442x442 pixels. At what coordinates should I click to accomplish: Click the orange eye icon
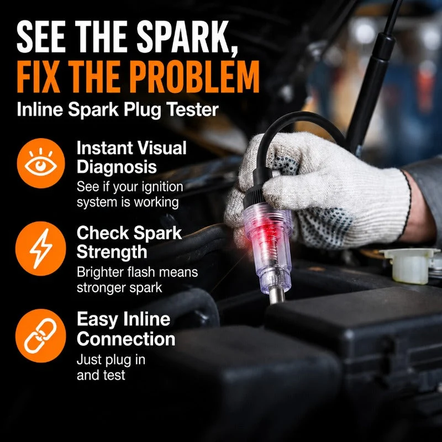[41, 163]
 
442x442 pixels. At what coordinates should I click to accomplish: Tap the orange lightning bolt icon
[41, 249]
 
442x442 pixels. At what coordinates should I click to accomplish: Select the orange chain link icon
[41, 336]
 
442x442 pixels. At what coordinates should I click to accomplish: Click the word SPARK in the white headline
[186, 36]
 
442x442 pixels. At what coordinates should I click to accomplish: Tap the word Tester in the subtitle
[192, 109]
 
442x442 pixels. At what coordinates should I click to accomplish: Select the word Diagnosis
[117, 167]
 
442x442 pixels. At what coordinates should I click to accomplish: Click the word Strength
[112, 252]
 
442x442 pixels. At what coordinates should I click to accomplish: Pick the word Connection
[126, 339]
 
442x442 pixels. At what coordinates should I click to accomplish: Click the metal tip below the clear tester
[277, 297]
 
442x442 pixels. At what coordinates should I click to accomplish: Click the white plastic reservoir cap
[409, 266]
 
